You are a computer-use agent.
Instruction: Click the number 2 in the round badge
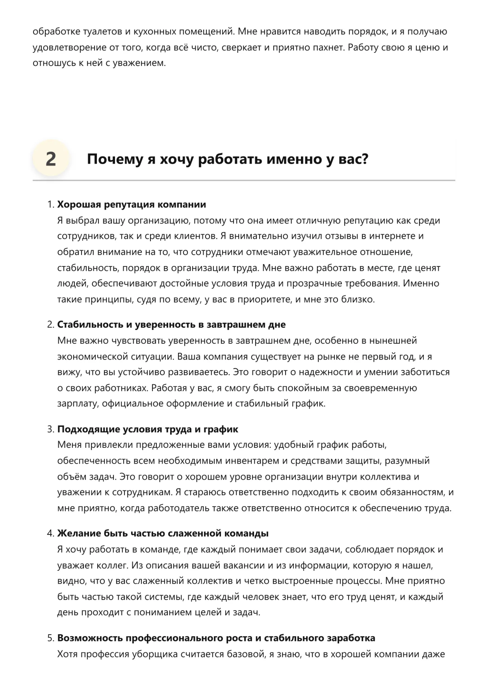click(51, 159)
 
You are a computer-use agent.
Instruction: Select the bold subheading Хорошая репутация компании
click(132, 204)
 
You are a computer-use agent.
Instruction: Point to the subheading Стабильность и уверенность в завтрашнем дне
click(171, 324)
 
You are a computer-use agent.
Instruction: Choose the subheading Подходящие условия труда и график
click(148, 429)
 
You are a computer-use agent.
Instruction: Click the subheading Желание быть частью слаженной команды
click(163, 533)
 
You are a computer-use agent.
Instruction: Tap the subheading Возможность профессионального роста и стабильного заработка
click(216, 638)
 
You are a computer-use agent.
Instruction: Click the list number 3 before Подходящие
click(50, 429)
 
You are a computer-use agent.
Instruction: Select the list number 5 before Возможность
click(50, 638)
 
